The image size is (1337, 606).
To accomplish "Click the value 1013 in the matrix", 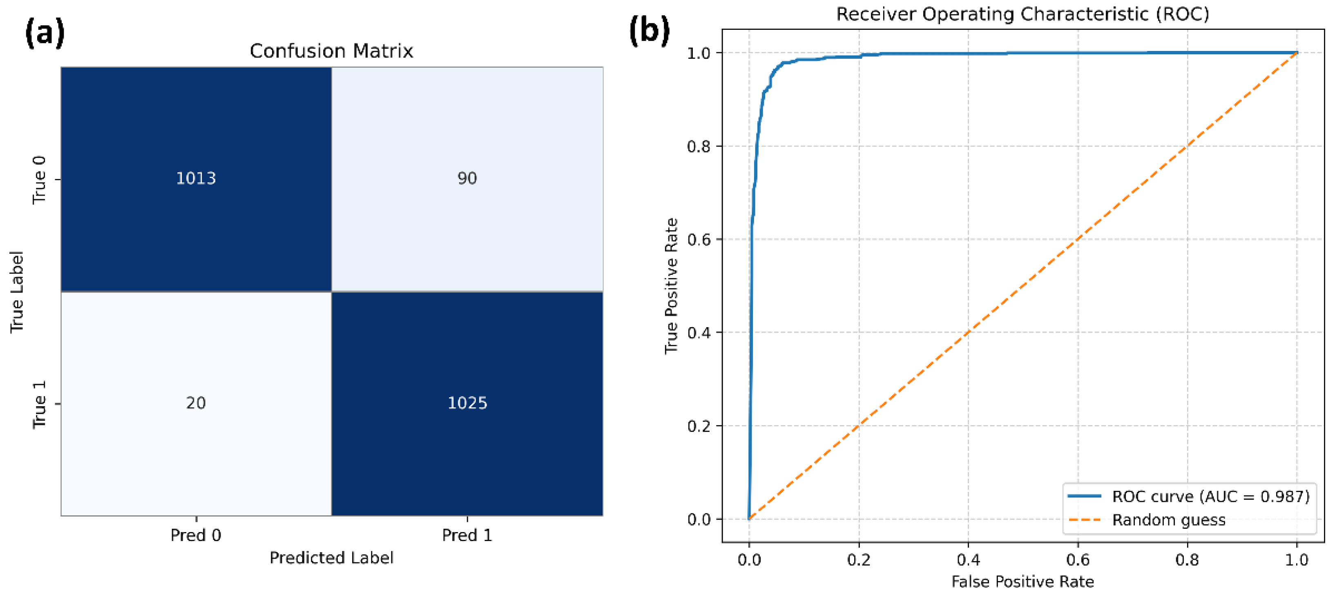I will [x=196, y=178].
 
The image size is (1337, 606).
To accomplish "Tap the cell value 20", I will [x=196, y=403].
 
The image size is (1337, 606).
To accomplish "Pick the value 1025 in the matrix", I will [x=467, y=403].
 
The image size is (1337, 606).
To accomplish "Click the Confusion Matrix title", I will [x=331, y=51].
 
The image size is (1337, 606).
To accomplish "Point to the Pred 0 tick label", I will [x=196, y=535].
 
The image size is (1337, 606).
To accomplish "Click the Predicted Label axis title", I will [x=331, y=558].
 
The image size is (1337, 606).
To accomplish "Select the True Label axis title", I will [x=17, y=292].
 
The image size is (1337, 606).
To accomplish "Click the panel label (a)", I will [x=45, y=32].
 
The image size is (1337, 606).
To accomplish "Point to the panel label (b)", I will [x=649, y=30].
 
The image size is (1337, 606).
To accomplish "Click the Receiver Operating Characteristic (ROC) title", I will [x=1022, y=14].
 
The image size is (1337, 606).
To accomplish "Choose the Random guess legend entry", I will [x=1168, y=520].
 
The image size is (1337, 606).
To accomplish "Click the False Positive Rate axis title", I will [x=1022, y=581].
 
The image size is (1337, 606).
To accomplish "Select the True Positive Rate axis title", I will [x=671, y=285].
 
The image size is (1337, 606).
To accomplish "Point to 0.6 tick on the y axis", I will [x=698, y=239].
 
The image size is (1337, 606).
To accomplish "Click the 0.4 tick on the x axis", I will [x=968, y=560].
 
